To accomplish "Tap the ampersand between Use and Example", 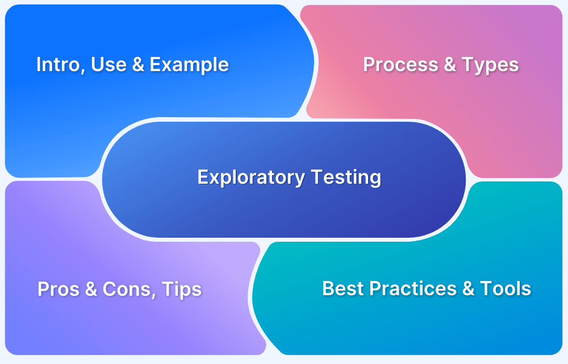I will (137, 65).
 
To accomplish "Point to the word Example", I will (189, 65).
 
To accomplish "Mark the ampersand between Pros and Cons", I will (91, 289).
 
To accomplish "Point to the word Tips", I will (182, 289).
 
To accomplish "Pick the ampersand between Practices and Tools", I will (468, 288).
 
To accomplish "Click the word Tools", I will (506, 288).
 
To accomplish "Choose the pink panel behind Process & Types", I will (511, 125).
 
